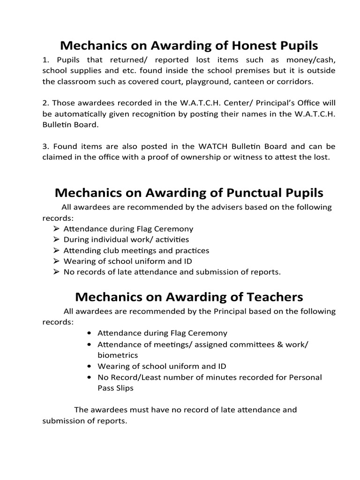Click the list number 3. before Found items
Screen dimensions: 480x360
[45, 146]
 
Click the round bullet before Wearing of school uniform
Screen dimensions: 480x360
[89, 366]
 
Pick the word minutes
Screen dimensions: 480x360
[220, 377]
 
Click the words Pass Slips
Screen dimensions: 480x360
[115, 388]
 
